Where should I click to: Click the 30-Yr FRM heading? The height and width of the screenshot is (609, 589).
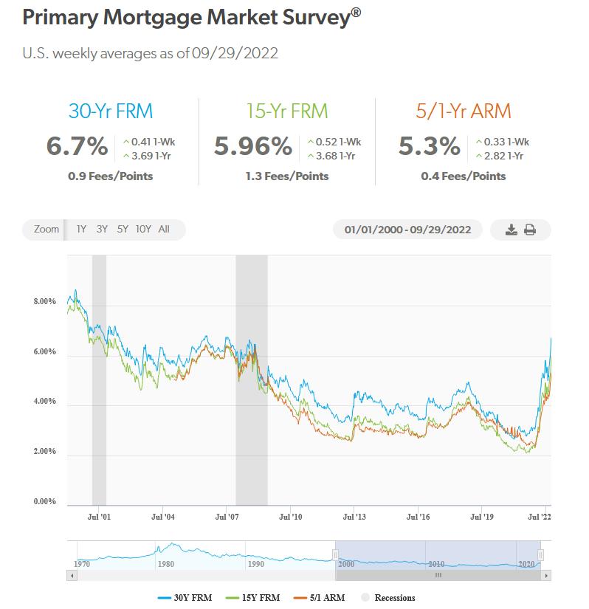point(110,111)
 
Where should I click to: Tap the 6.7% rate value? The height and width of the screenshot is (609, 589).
point(77,145)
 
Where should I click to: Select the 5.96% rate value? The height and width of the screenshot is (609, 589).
point(253,145)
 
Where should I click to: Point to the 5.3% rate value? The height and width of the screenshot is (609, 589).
point(430,145)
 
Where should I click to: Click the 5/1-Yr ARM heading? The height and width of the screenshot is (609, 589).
point(464,111)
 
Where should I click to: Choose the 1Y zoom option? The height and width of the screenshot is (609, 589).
point(81,230)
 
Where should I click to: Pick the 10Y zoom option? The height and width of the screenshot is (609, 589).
point(143,230)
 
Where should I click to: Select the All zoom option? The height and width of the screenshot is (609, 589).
point(164,230)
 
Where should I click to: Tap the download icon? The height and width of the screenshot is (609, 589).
point(512,230)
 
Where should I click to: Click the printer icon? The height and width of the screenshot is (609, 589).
point(530,230)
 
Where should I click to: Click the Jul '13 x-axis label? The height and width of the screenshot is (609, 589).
point(354,517)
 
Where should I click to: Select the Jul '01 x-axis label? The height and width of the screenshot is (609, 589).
point(99,517)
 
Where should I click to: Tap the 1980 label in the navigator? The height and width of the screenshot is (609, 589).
point(165,564)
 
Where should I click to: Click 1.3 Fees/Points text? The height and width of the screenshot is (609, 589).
point(286,176)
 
